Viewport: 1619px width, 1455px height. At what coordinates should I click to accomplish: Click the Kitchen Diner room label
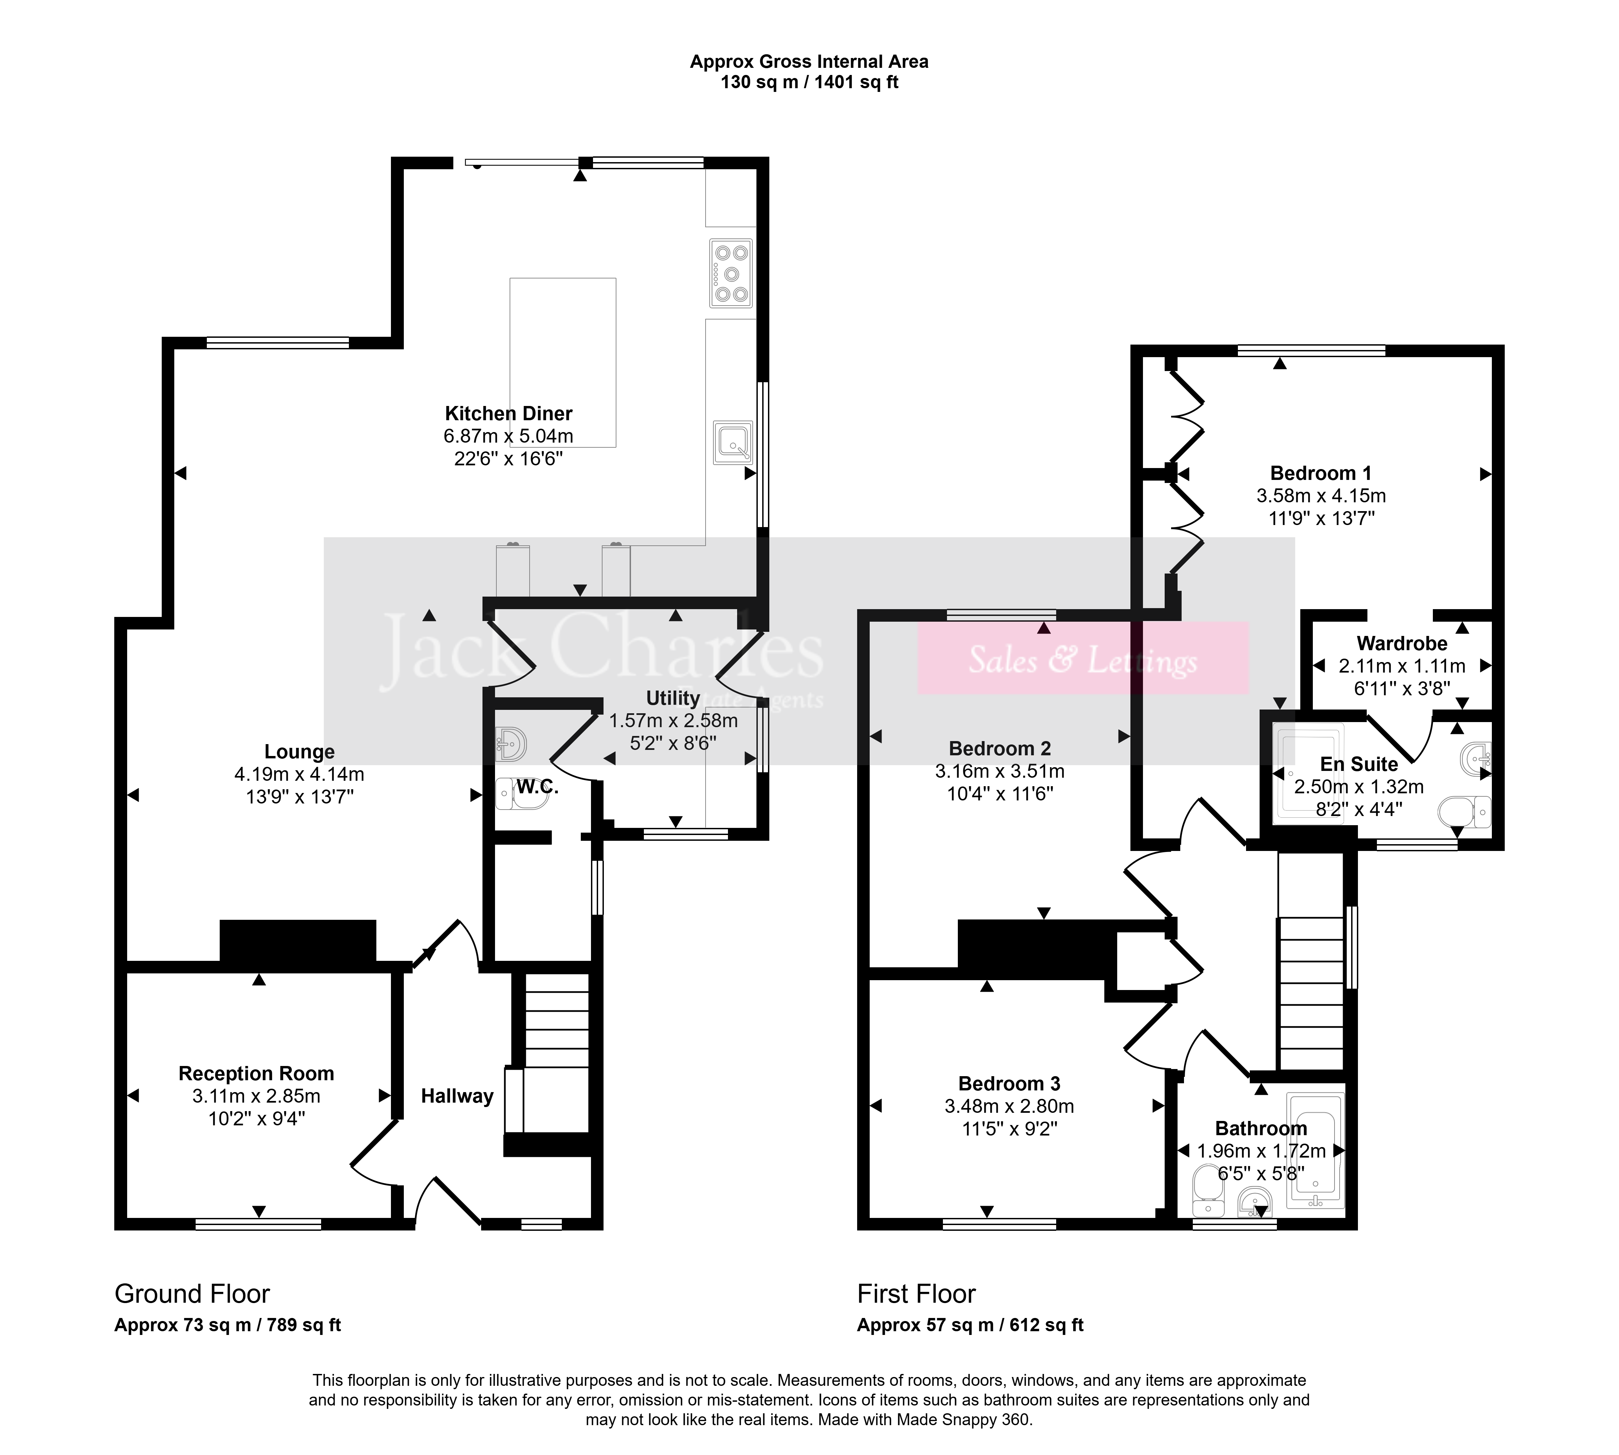[508, 413]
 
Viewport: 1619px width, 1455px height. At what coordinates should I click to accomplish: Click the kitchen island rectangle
[562, 362]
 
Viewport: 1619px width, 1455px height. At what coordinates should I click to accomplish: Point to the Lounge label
[300, 752]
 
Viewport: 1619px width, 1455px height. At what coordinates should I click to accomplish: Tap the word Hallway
[457, 1096]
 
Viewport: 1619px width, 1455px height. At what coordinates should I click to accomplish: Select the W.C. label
[537, 787]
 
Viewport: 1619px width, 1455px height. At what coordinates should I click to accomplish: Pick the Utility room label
[673, 698]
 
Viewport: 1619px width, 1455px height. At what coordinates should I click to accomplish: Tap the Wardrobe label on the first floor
[1402, 644]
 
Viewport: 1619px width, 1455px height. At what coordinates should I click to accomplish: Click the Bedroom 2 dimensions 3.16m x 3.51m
[1000, 772]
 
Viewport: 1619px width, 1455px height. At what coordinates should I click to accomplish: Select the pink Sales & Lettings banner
[1083, 658]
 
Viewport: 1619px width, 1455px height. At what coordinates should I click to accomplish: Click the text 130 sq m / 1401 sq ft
[810, 82]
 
